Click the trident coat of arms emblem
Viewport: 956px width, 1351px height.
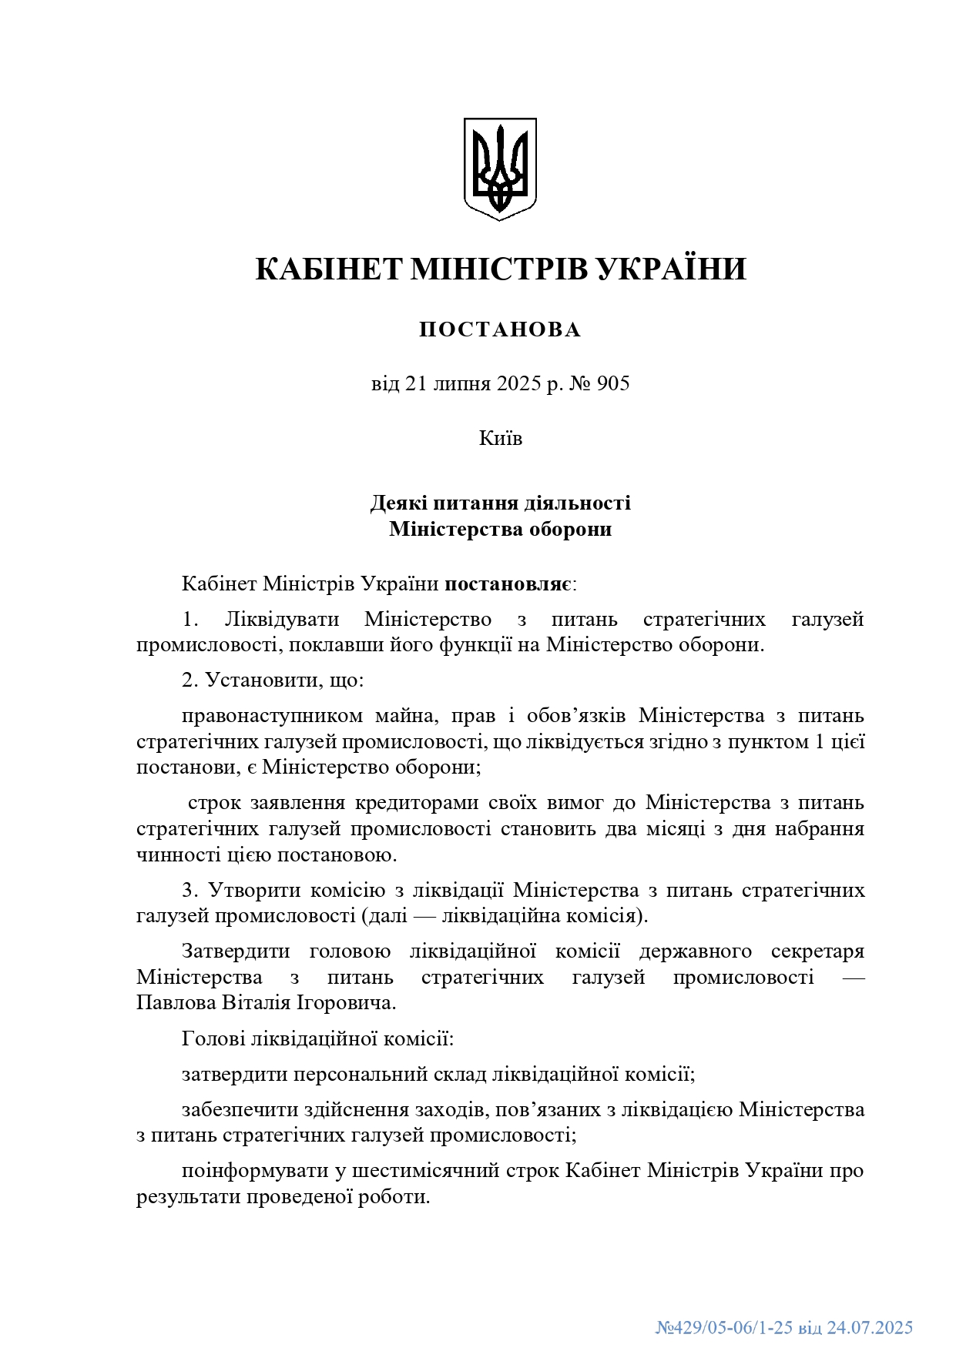[x=499, y=169]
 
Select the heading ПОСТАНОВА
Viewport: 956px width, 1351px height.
[x=500, y=330]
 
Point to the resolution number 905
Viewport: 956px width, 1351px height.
[x=613, y=383]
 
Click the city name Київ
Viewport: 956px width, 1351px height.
[x=500, y=439]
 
